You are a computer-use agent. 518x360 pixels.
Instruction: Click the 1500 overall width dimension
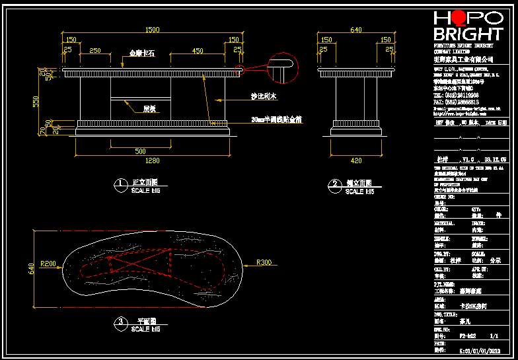coord(153,30)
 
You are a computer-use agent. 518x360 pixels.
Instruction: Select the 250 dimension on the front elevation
coord(94,50)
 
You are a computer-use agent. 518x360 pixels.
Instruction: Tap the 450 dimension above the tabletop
coord(198,50)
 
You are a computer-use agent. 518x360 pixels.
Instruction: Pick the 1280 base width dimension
coord(153,161)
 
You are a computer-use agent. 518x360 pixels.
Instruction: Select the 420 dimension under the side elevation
coord(356,161)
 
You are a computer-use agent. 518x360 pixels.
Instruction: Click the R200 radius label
coord(48,264)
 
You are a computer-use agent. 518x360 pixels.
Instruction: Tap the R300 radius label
coord(264,263)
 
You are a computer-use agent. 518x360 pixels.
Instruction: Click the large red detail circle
coord(283,69)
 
